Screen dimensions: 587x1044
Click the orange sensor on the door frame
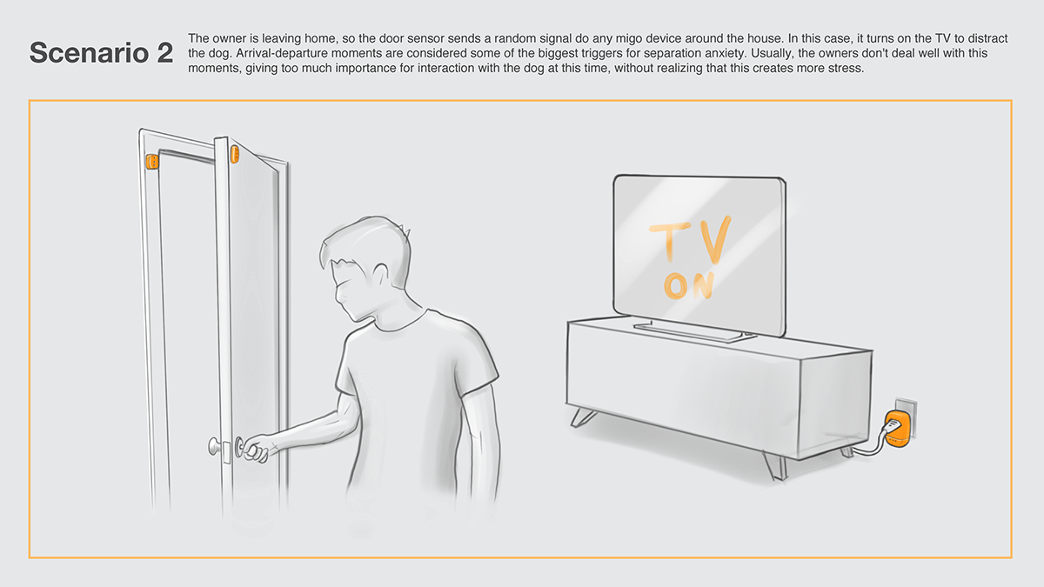click(x=151, y=162)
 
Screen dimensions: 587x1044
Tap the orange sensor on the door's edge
click(x=234, y=155)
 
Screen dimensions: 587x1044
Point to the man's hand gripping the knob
click(x=254, y=449)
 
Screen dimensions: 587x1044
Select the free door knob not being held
click(x=213, y=446)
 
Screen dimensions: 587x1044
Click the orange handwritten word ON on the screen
click(x=690, y=285)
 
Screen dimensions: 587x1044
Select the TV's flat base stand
click(x=688, y=330)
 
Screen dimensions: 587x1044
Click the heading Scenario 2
click(x=101, y=52)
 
